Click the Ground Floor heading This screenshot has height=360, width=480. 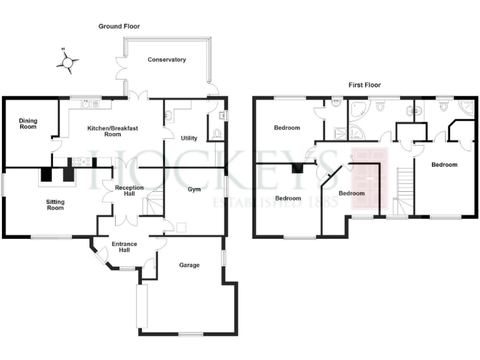click(119, 27)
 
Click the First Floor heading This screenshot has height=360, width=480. click(364, 85)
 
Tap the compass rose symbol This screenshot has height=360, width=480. click(67, 61)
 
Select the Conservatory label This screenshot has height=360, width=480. click(167, 60)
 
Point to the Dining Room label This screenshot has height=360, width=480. click(27, 124)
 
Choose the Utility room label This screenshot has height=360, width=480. click(189, 138)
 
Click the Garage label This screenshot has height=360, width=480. click(189, 265)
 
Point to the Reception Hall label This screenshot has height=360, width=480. click(128, 191)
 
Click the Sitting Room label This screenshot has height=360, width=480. click(55, 204)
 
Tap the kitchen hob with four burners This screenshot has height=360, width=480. click(82, 162)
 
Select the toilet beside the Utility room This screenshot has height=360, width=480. click(216, 133)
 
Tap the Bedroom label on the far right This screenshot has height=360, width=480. click(444, 165)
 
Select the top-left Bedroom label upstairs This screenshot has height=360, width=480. click(287, 128)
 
